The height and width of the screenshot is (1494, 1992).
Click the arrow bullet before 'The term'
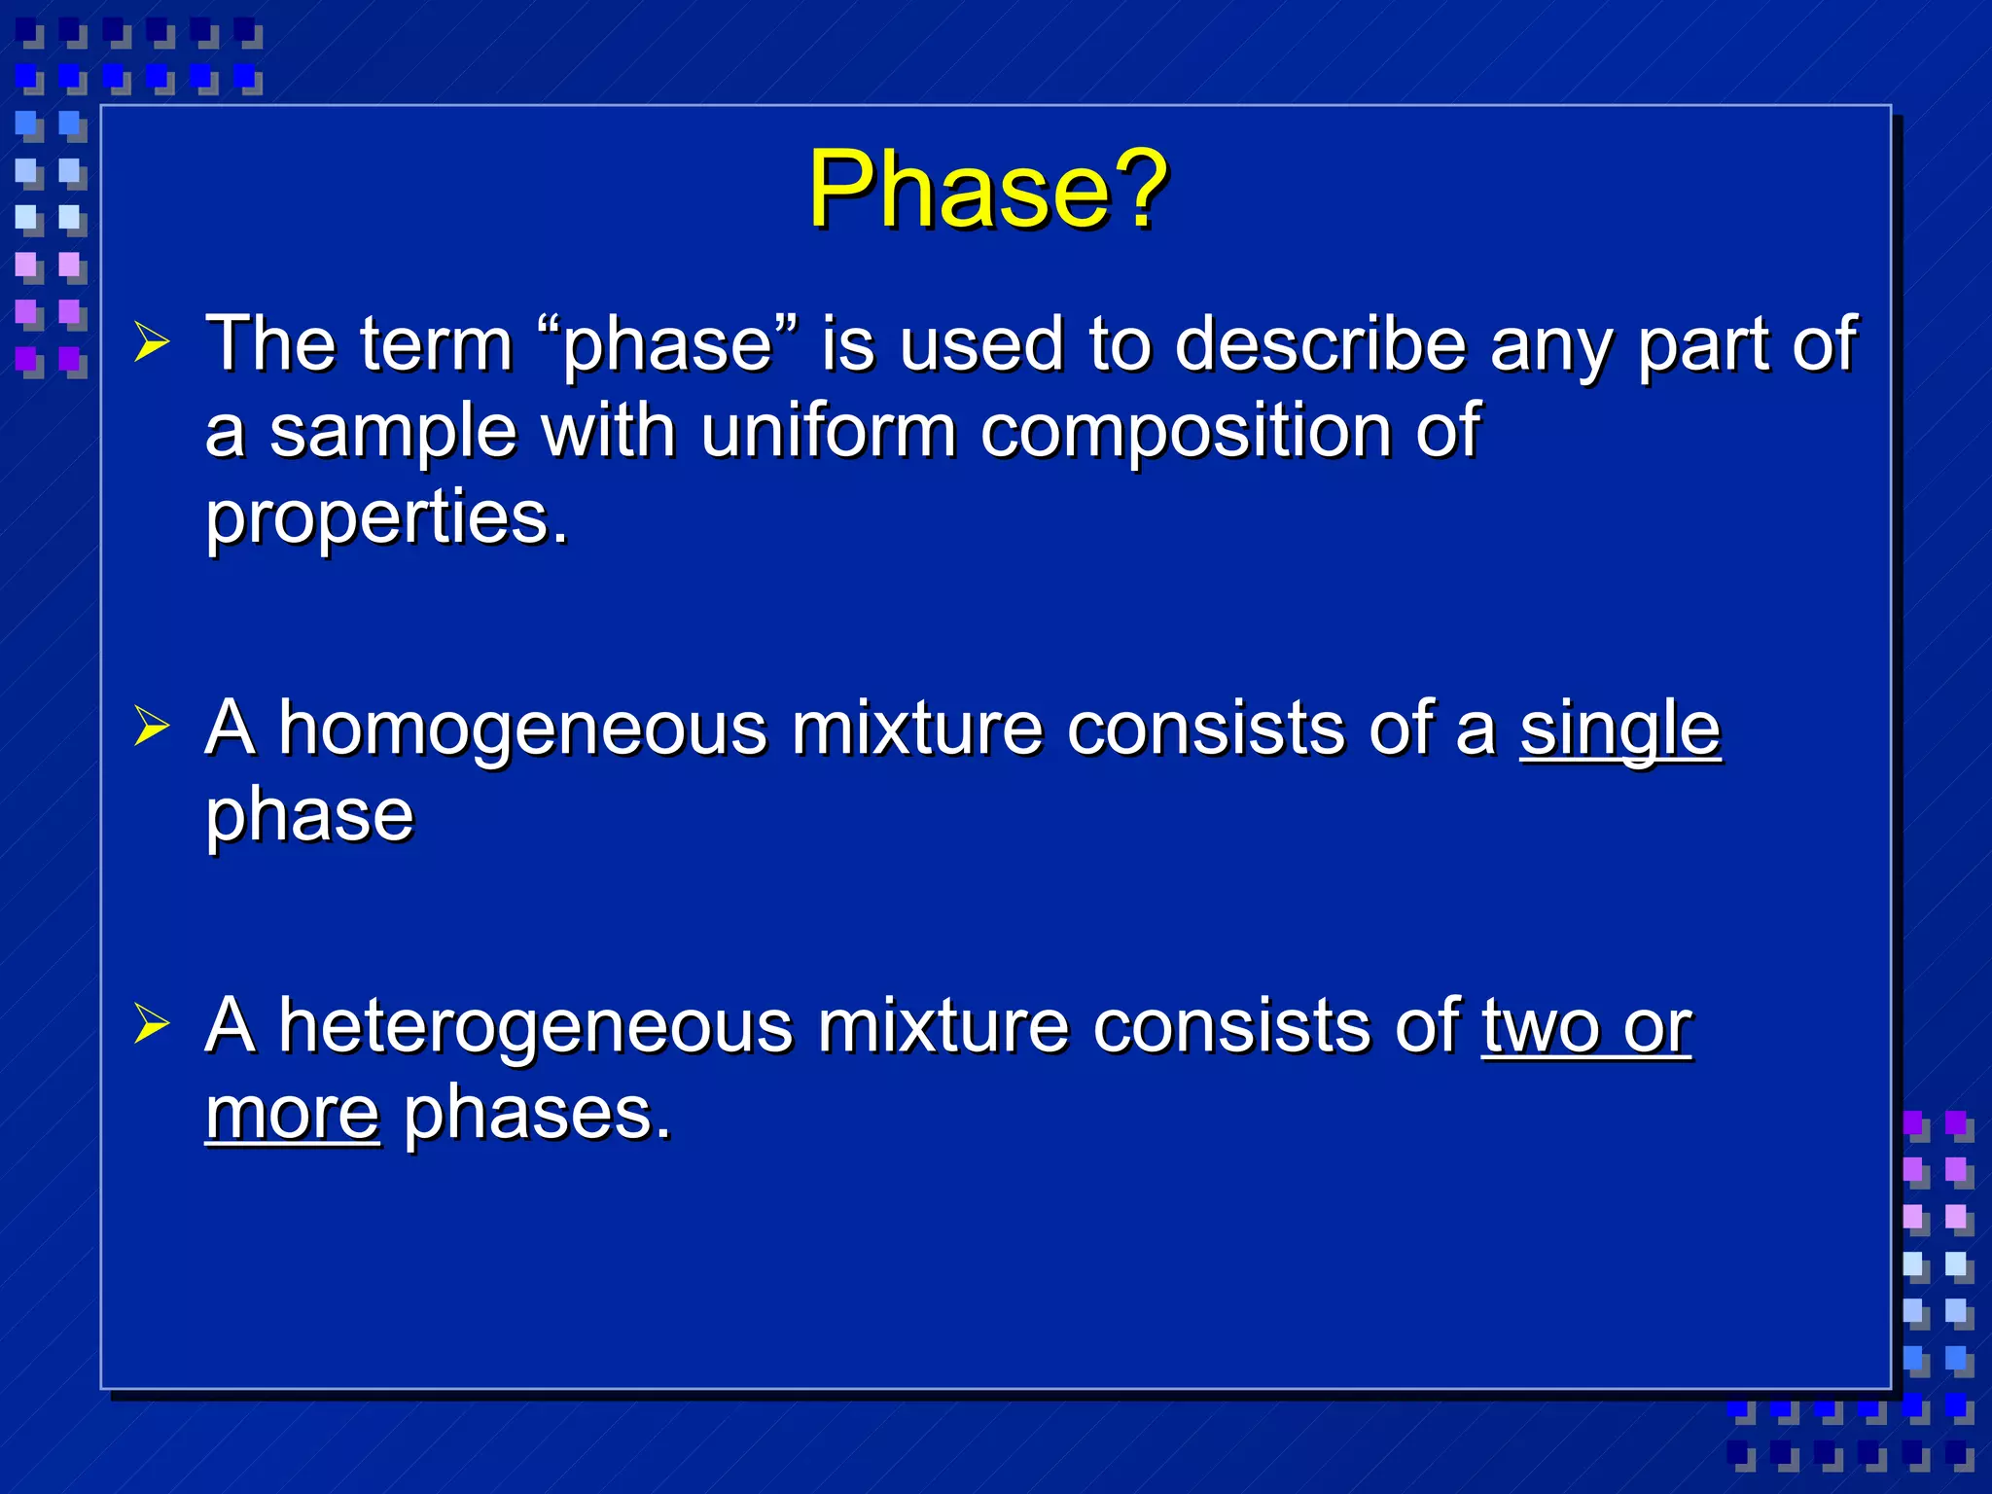pyautogui.click(x=152, y=342)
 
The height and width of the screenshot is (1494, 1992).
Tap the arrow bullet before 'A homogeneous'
pyautogui.click(x=152, y=726)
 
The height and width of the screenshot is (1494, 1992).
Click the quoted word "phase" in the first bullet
pyautogui.click(x=667, y=345)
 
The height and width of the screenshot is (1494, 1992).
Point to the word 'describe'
pyautogui.click(x=1320, y=345)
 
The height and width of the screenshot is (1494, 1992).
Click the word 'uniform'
pyautogui.click(x=828, y=431)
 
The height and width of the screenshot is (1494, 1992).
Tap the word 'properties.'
pyautogui.click(x=386, y=518)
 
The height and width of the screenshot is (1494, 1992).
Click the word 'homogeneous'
pyautogui.click(x=522, y=729)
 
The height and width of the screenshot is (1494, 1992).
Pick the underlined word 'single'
pyautogui.click(x=1620, y=729)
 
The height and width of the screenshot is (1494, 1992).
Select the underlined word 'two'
pyautogui.click(x=1542, y=1026)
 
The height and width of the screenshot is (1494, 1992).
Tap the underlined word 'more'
pyautogui.click(x=292, y=1113)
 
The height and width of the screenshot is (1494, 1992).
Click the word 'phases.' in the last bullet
pyautogui.click(x=537, y=1115)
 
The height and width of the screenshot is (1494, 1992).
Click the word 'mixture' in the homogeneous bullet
pyautogui.click(x=916, y=729)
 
